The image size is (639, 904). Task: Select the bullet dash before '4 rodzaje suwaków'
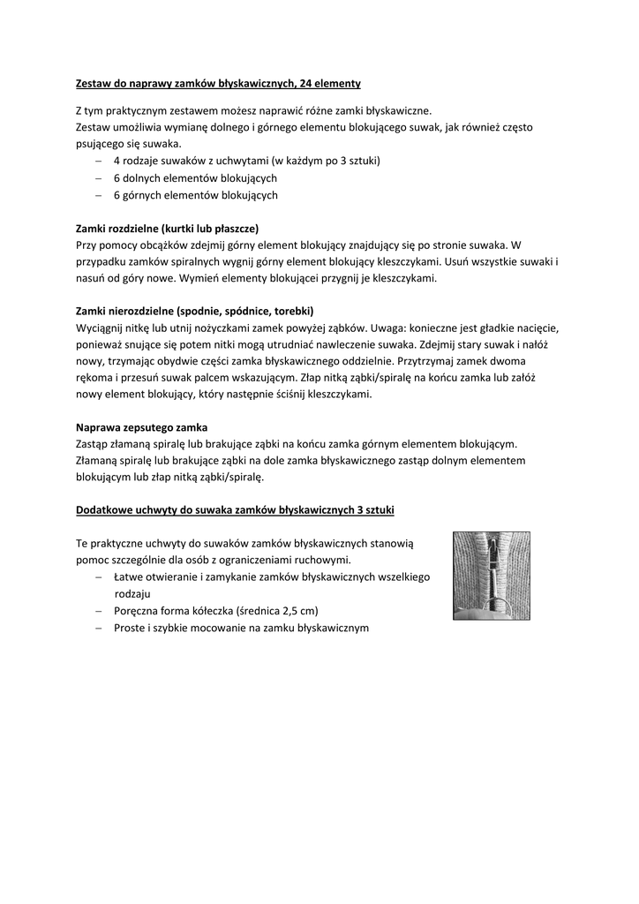(98, 162)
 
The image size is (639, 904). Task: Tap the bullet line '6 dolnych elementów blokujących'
(195, 178)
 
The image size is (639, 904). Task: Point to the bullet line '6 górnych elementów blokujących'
(195, 194)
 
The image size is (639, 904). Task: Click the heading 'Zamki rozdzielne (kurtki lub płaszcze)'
(167, 228)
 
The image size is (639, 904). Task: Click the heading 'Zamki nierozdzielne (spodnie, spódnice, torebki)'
(194, 311)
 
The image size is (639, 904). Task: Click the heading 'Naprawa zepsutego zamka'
(141, 427)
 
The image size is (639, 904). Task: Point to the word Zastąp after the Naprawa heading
(94, 444)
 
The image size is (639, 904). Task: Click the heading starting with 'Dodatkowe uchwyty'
(235, 510)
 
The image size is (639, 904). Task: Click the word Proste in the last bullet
(130, 628)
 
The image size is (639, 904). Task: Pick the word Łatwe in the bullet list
(130, 577)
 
